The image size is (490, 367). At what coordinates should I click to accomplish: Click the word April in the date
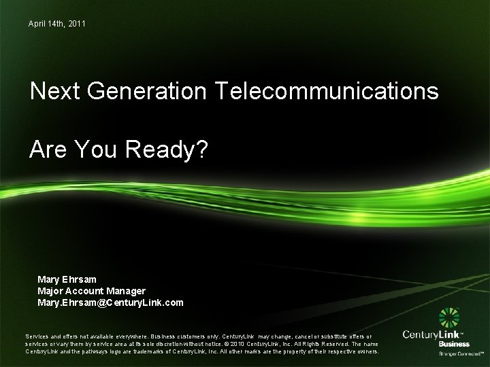pyautogui.click(x=37, y=24)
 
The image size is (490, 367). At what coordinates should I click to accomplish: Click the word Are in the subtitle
pyautogui.click(x=48, y=150)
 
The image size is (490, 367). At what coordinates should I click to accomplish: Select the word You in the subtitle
pyautogui.click(x=97, y=150)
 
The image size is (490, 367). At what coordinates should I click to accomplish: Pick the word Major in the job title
pyautogui.click(x=51, y=291)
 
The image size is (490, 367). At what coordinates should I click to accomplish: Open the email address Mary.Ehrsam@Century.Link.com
pyautogui.click(x=110, y=302)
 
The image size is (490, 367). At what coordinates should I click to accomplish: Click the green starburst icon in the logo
pyautogui.click(x=450, y=318)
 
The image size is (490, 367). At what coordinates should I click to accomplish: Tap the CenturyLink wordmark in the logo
pyautogui.click(x=431, y=334)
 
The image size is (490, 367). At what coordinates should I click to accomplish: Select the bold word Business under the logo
pyautogui.click(x=454, y=345)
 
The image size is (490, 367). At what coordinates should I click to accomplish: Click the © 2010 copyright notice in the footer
pyautogui.click(x=240, y=344)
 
